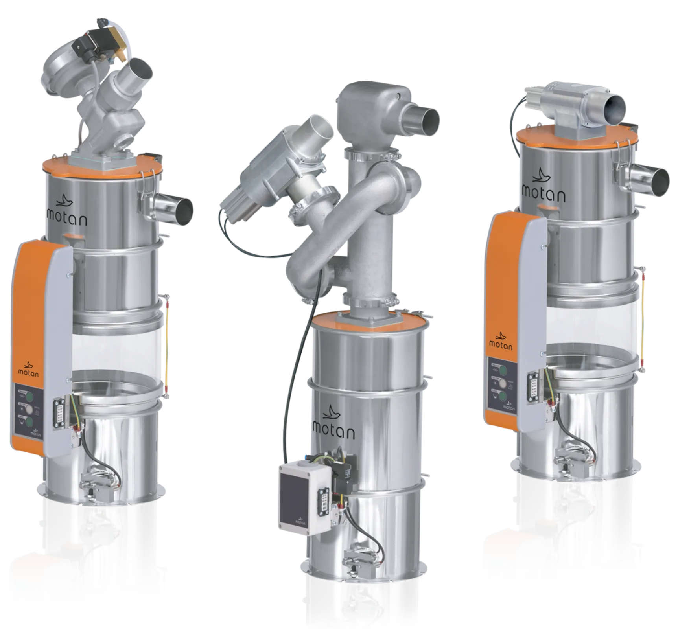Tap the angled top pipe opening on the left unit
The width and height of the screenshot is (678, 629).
click(x=140, y=68)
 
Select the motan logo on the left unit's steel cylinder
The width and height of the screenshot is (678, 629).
click(x=66, y=212)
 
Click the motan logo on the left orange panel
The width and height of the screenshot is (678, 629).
click(x=28, y=369)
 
